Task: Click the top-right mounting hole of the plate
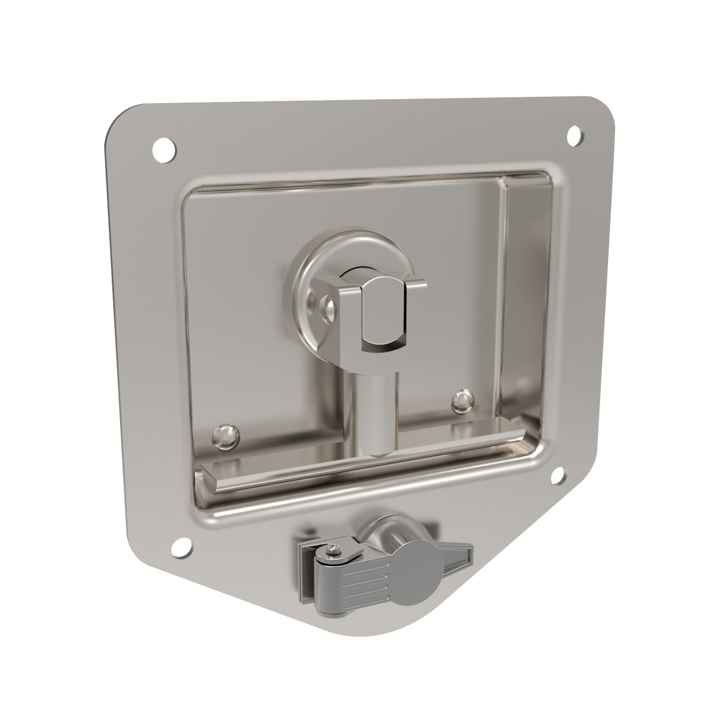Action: [x=575, y=134]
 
